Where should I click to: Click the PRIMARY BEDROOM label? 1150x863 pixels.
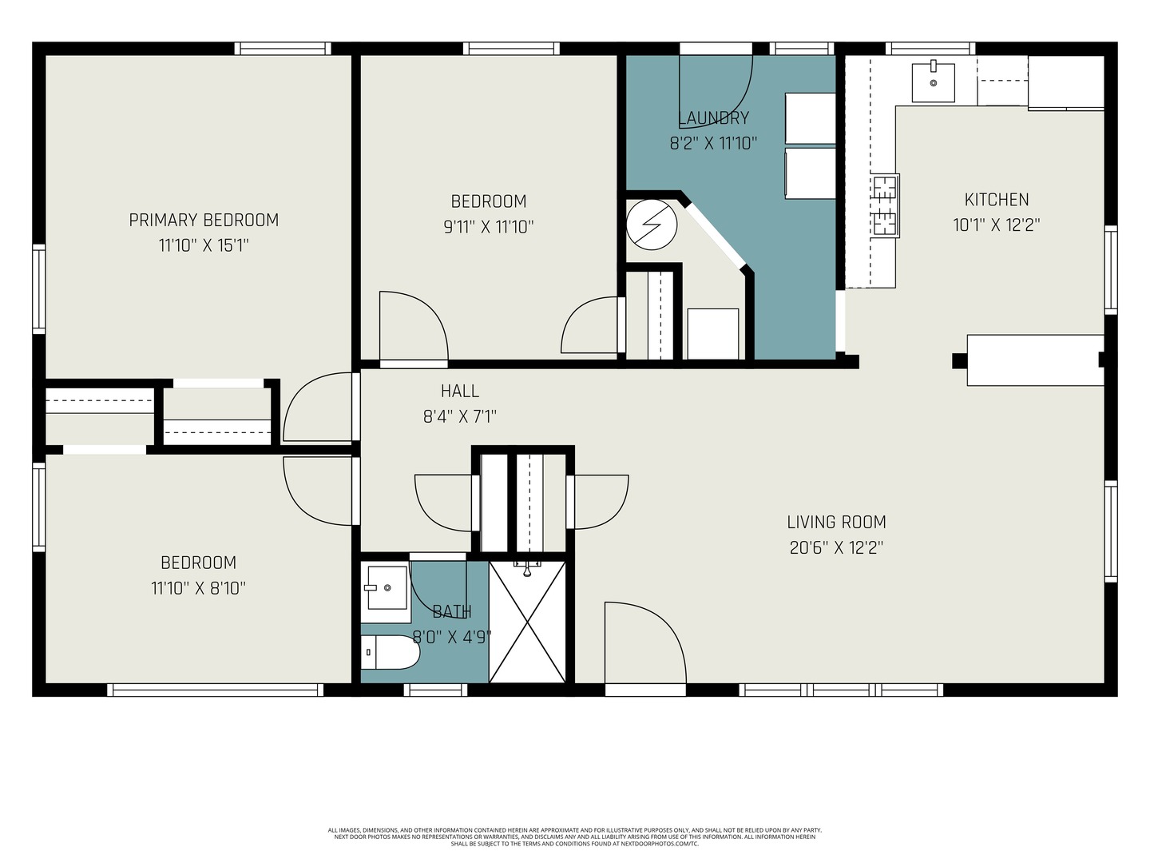click(x=204, y=220)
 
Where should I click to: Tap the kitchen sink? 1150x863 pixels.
click(x=933, y=83)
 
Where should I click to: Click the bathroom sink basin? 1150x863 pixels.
click(x=387, y=587)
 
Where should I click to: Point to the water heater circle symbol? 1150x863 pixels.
click(x=652, y=225)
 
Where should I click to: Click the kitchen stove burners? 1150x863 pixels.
click(x=885, y=205)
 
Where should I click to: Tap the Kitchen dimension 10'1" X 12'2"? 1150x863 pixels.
click(x=997, y=225)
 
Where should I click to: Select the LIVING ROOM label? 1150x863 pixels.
click(x=836, y=522)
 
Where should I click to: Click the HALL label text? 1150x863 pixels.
click(x=459, y=391)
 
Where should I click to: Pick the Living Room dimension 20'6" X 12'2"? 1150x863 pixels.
click(x=836, y=548)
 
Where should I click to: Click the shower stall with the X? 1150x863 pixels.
click(x=527, y=622)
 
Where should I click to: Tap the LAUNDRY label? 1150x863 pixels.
click(x=713, y=118)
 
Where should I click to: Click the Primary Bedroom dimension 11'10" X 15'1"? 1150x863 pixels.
click(x=204, y=245)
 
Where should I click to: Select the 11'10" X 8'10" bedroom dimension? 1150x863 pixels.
click(x=199, y=588)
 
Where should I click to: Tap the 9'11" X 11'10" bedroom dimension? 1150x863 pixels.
click(x=489, y=227)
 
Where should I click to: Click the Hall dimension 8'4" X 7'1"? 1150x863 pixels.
click(x=459, y=416)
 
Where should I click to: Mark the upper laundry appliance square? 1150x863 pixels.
click(x=810, y=118)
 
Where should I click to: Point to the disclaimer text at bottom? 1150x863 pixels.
click(x=575, y=837)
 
